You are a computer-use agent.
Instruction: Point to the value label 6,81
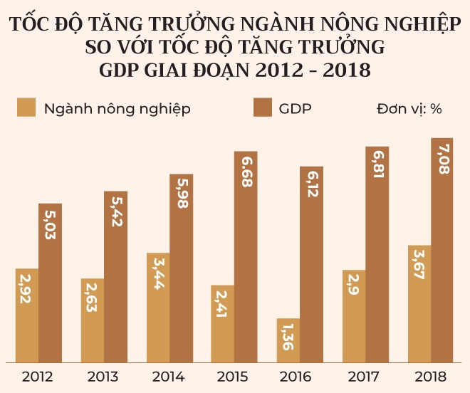(377, 165)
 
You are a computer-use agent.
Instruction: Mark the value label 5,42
(115, 210)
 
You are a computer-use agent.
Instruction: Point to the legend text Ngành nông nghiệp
(117, 110)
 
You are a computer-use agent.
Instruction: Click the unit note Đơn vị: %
(409, 109)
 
